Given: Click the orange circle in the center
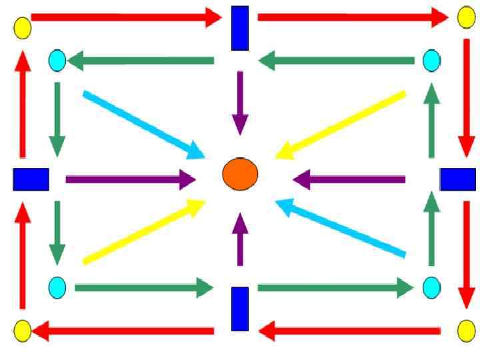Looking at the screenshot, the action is coord(240,174).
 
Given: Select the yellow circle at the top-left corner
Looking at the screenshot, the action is coord(23,28).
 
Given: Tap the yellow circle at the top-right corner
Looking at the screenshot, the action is coord(466,17).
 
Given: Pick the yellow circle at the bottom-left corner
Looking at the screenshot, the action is coord(23,330).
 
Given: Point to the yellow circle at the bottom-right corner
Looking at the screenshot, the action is coord(466,330).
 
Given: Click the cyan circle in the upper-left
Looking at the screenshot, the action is coord(57,61).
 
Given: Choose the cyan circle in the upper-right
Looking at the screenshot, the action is coord(432,61).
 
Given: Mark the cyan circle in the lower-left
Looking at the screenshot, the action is coord(57,287).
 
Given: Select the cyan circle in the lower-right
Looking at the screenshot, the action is coord(432,287).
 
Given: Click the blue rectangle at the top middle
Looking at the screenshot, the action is coord(240,28).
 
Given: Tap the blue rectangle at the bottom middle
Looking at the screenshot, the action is coord(240,309).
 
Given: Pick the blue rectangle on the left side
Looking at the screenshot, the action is coord(31,179).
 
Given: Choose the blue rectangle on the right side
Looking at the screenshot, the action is coord(457,179).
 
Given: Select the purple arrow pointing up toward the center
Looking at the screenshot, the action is coord(240,241).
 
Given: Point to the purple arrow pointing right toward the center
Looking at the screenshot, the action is coord(130,179).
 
